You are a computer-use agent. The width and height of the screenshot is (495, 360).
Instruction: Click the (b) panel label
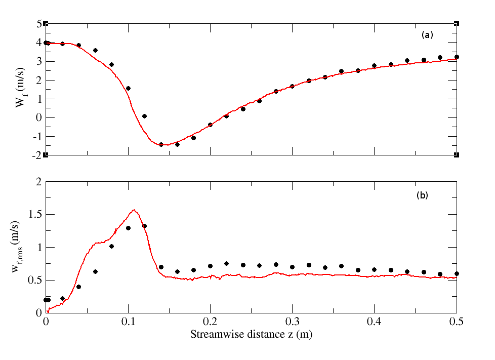point(422,195)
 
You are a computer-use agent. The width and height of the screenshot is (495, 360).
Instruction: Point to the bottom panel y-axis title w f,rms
point(20,247)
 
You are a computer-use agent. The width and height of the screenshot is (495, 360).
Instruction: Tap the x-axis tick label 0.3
point(292,322)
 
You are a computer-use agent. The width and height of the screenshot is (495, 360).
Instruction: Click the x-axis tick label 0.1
point(128,322)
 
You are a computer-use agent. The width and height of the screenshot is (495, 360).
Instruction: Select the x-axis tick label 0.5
point(457,322)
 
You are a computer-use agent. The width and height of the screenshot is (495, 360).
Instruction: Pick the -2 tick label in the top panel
point(36,155)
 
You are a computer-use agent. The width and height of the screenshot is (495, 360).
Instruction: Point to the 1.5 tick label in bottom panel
point(34,215)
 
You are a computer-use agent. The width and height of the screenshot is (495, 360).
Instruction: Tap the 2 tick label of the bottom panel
point(38,182)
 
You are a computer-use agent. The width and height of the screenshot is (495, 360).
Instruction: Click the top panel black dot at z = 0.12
point(144,116)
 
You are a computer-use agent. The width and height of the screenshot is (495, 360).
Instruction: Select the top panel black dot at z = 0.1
point(128,88)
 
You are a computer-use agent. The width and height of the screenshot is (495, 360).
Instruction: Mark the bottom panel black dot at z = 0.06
point(95,271)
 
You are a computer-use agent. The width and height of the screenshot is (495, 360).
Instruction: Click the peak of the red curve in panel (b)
point(134,210)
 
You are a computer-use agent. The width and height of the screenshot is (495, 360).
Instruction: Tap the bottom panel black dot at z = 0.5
point(457,273)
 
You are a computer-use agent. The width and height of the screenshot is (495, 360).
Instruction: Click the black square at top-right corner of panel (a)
point(457,23)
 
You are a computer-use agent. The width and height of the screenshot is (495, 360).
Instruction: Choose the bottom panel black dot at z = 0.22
point(226,263)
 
